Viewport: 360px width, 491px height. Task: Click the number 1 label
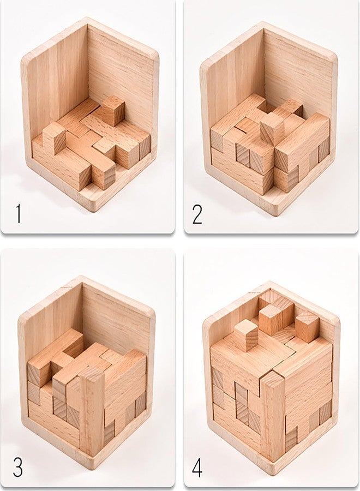(x=19, y=214)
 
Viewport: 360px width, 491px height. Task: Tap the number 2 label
(x=197, y=214)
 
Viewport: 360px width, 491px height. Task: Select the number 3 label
(x=17, y=466)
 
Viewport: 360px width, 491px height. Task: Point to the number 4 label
(x=197, y=467)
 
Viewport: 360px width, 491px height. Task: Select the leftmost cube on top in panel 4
(x=246, y=337)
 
